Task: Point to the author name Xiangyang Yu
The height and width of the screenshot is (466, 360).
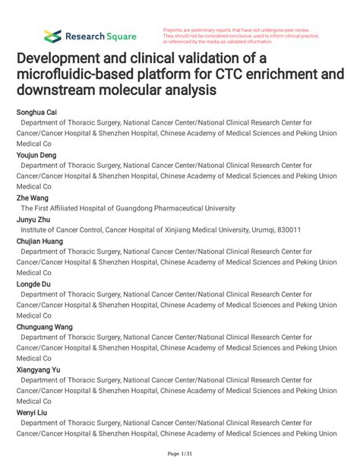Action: pyautogui.click(x=40, y=369)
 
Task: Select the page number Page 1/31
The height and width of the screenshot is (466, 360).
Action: pyautogui.click(x=179, y=455)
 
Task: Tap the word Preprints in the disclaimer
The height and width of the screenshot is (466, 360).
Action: pyautogui.click(x=175, y=30)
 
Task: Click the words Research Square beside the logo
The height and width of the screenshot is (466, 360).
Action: pyautogui.click(x=100, y=36)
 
